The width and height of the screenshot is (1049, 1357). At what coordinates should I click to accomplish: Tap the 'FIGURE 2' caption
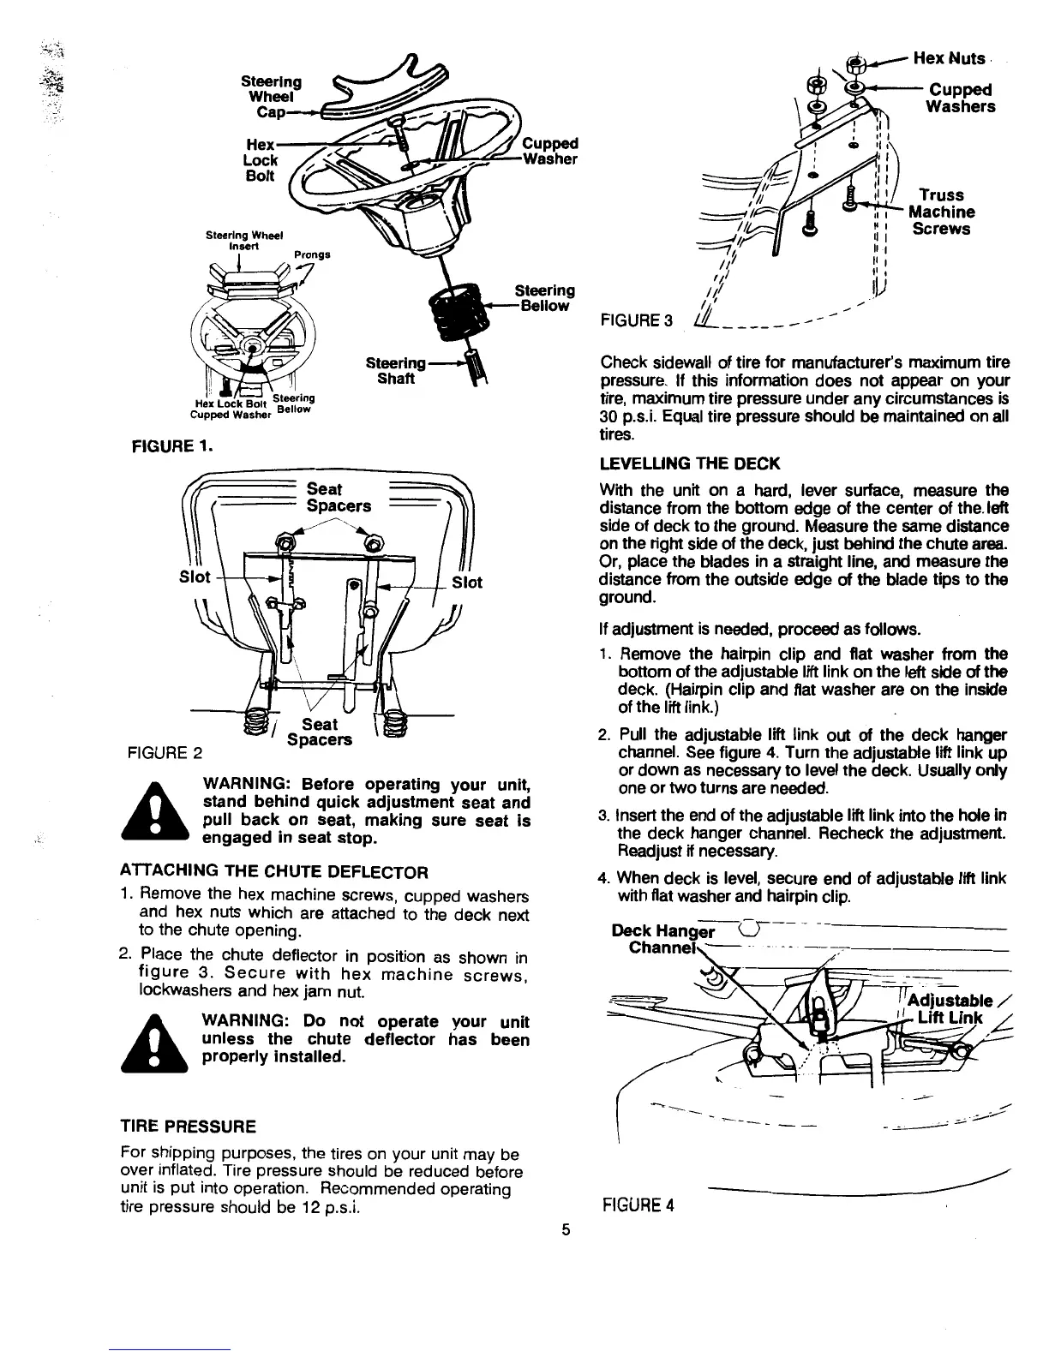[164, 754]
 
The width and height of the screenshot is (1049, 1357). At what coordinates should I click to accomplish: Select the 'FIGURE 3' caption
[637, 321]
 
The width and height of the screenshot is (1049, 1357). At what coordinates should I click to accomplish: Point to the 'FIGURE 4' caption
[638, 1205]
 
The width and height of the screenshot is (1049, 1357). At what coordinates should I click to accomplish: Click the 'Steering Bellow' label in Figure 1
[543, 298]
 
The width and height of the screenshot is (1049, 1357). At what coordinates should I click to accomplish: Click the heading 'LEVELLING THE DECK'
[690, 463]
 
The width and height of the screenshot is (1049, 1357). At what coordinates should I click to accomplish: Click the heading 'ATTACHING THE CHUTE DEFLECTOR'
[273, 873]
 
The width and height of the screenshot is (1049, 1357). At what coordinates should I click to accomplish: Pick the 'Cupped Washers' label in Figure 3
[961, 98]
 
